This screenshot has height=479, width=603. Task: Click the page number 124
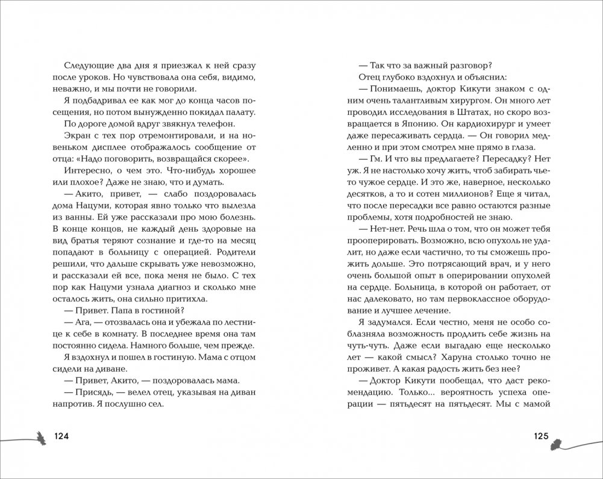coord(64,436)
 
